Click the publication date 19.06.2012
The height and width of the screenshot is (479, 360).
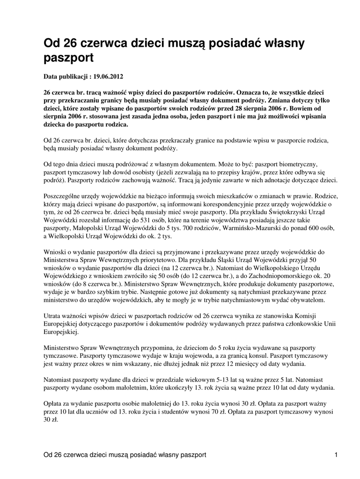tap(109, 75)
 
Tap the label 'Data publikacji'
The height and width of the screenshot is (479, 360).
tap(66, 75)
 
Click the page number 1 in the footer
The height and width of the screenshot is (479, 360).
tap(336, 455)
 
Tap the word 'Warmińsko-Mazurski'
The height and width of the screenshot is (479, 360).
tap(245, 229)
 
